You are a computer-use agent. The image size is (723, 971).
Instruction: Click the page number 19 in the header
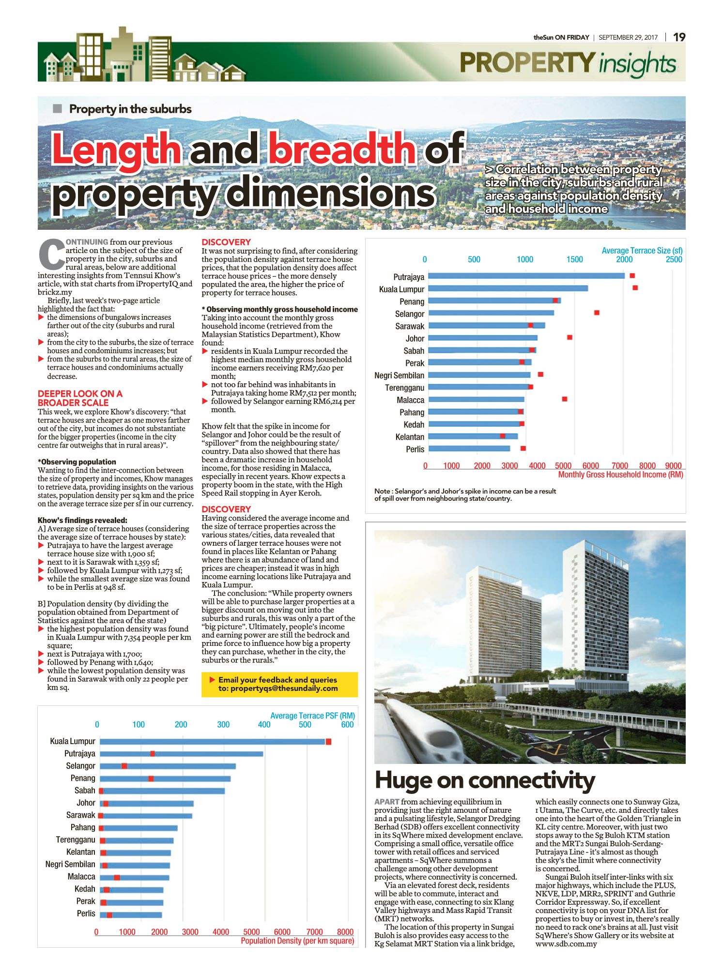click(x=679, y=37)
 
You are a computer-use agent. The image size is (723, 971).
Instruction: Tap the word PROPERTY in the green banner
click(x=527, y=62)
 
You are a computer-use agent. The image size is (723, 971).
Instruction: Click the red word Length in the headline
click(x=117, y=148)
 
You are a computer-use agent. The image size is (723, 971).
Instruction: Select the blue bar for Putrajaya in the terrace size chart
click(x=526, y=276)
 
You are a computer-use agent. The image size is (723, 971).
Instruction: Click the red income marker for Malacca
click(x=565, y=399)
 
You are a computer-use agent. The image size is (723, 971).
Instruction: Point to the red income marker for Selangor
click(x=597, y=313)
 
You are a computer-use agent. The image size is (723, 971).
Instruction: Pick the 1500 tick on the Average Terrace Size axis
click(x=575, y=259)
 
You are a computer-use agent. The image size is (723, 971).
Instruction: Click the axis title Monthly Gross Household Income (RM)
click(x=620, y=475)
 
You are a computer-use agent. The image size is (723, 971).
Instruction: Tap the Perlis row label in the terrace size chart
click(x=415, y=449)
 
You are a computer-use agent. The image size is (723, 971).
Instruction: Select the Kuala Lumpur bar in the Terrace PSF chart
click(x=213, y=742)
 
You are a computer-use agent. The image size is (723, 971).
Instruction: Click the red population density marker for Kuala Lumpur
click(x=328, y=742)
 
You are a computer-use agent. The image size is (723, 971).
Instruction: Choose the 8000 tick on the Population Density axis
click(x=345, y=932)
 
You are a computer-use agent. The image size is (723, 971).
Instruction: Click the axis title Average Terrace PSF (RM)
click(x=312, y=716)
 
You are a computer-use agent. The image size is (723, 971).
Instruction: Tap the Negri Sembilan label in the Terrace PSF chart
click(x=70, y=864)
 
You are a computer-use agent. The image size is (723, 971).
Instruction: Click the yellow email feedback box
click(x=279, y=684)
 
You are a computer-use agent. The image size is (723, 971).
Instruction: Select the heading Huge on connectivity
click(x=485, y=780)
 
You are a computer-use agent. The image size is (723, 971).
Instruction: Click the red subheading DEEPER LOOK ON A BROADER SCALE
click(x=80, y=398)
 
